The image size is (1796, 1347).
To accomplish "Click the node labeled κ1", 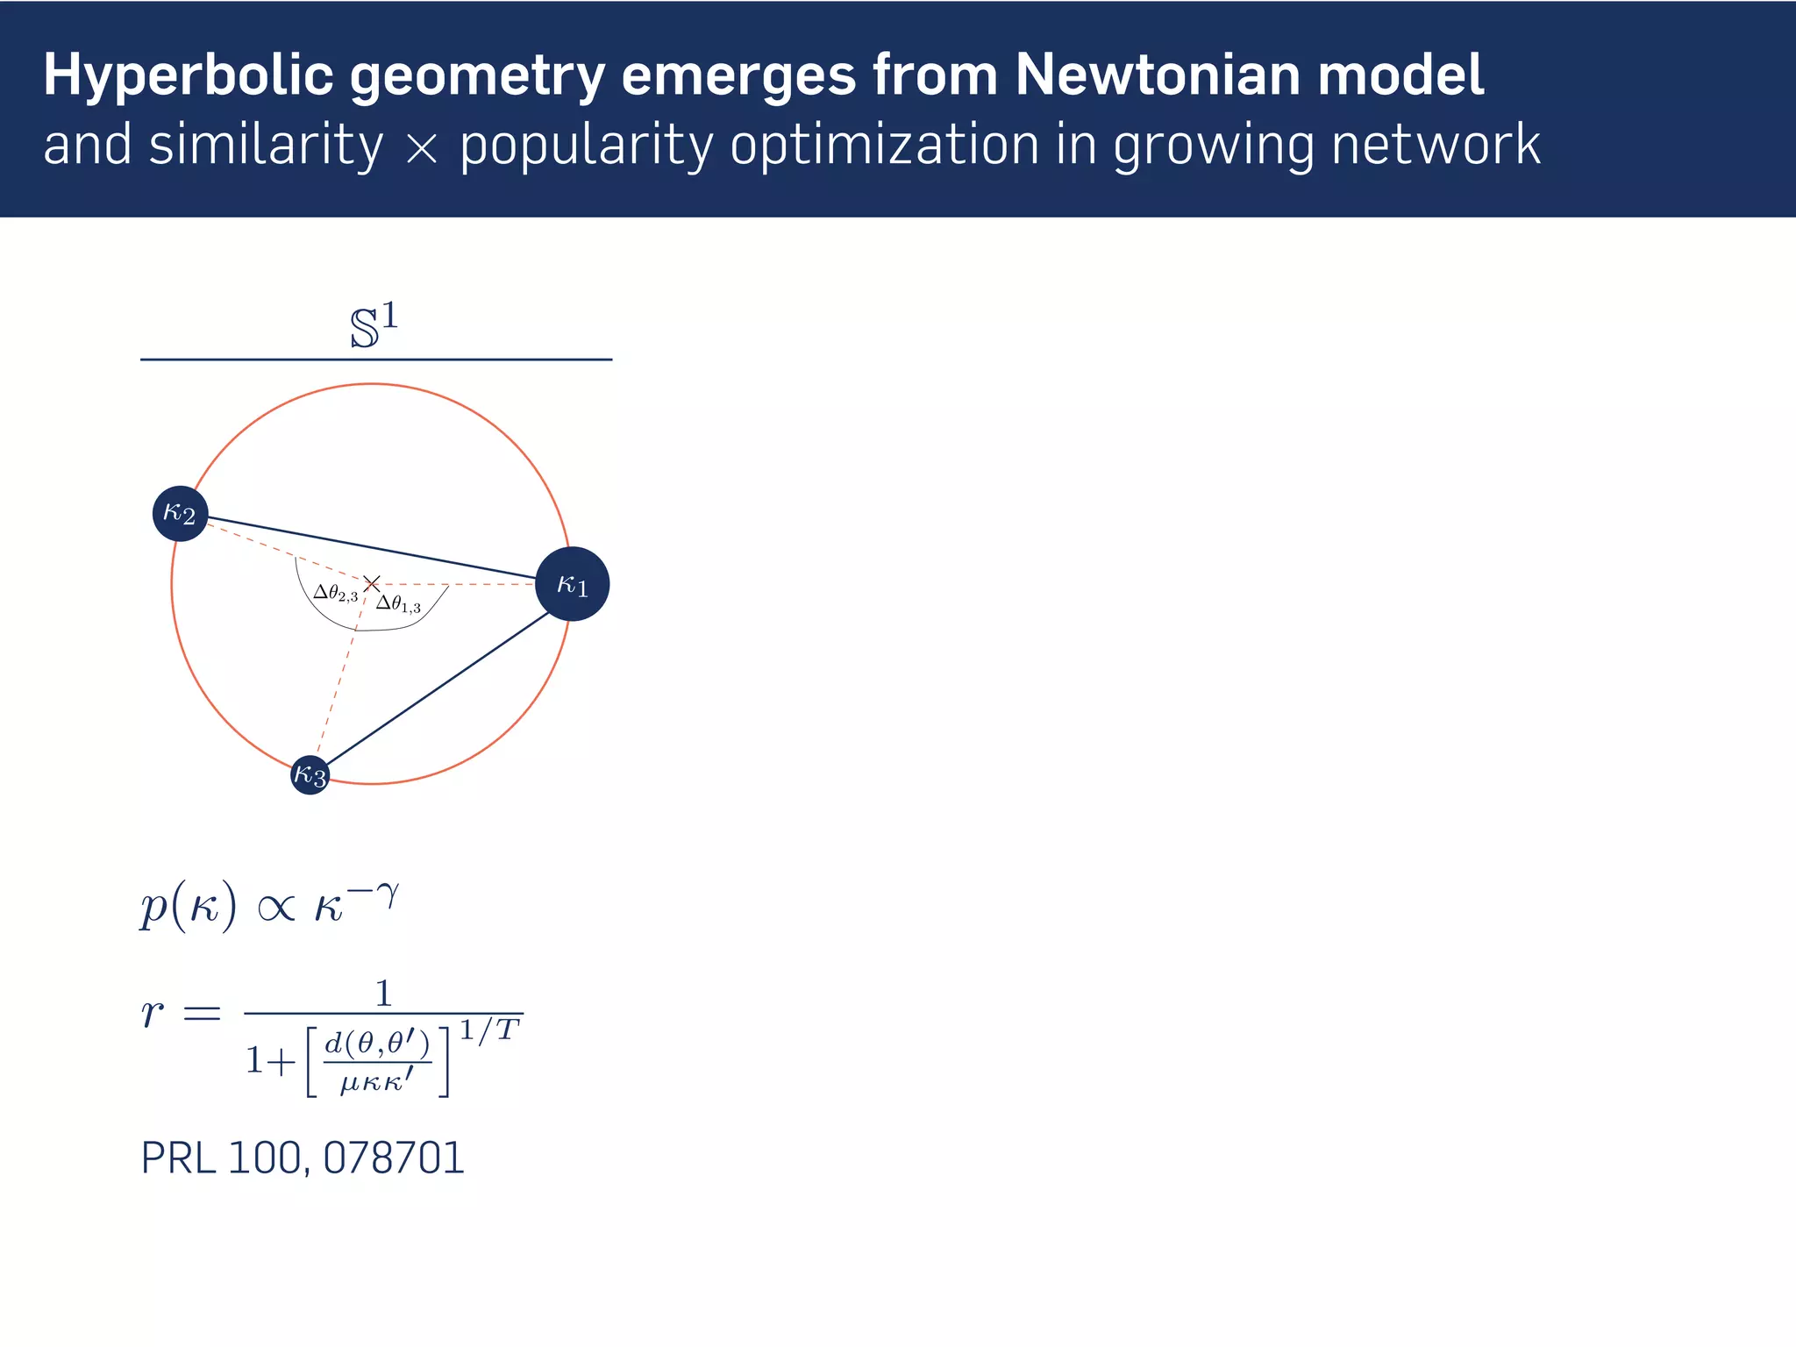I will (x=572, y=584).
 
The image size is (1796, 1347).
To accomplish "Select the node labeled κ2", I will (x=180, y=513).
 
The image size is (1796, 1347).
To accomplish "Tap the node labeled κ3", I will (x=310, y=774).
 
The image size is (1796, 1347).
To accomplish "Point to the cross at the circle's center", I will (x=372, y=583).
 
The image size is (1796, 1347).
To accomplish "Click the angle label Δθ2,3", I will (x=335, y=594).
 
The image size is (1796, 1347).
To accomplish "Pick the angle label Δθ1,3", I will (x=398, y=604).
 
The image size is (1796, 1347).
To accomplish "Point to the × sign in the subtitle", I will (x=422, y=148).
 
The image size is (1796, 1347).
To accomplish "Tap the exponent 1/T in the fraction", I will (x=489, y=1030).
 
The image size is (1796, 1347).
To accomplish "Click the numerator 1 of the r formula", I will (x=383, y=994).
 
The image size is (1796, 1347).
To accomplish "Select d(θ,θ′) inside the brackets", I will (x=377, y=1044).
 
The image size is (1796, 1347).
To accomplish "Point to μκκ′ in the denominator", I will (x=376, y=1082).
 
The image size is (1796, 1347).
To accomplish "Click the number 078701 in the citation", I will (x=394, y=1158).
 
